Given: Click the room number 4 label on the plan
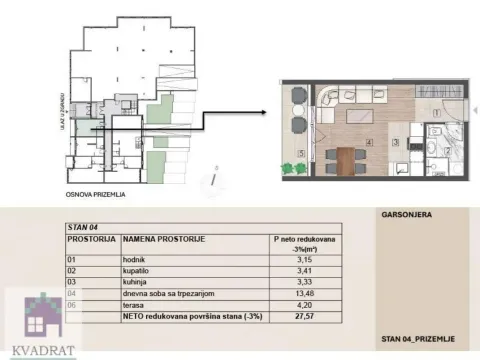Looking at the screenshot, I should tap(369, 142).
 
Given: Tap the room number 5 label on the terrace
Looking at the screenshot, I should tap(301, 153).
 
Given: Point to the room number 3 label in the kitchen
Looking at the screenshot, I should tap(395, 143).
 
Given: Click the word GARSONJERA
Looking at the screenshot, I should tap(404, 215).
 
